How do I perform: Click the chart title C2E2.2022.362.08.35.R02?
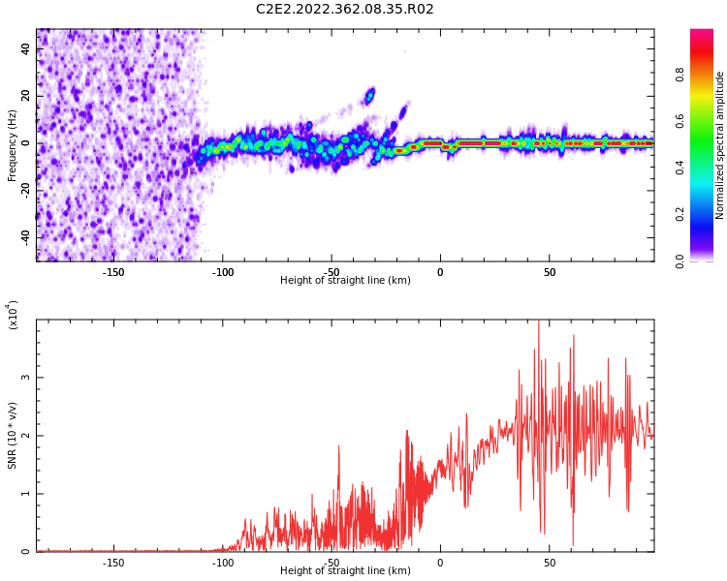pyautogui.click(x=344, y=9)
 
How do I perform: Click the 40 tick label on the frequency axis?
pyautogui.click(x=26, y=48)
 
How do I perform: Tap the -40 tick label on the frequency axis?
pyautogui.click(x=26, y=238)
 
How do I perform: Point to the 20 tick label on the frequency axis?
pyautogui.click(x=26, y=96)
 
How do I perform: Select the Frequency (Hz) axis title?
pyautogui.click(x=12, y=145)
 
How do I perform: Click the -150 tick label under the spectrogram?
pyautogui.click(x=113, y=272)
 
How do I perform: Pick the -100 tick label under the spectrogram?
pyautogui.click(x=223, y=272)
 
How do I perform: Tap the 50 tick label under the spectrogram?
pyautogui.click(x=550, y=272)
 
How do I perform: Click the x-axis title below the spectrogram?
pyautogui.click(x=345, y=280)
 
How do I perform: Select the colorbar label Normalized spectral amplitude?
pyautogui.click(x=719, y=145)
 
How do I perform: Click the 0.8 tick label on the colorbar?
pyautogui.click(x=680, y=75)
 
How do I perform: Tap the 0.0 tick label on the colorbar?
pyautogui.click(x=680, y=260)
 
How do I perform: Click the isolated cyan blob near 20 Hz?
pyautogui.click(x=370, y=96)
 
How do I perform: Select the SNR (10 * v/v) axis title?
pyautogui.click(x=12, y=436)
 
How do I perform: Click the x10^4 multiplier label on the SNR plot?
pyautogui.click(x=13, y=315)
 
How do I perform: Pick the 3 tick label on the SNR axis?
pyautogui.click(x=26, y=378)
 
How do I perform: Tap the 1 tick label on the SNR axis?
pyautogui.click(x=26, y=494)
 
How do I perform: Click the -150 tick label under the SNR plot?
pyautogui.click(x=113, y=563)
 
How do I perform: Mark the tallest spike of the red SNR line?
pyautogui.click(x=538, y=321)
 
